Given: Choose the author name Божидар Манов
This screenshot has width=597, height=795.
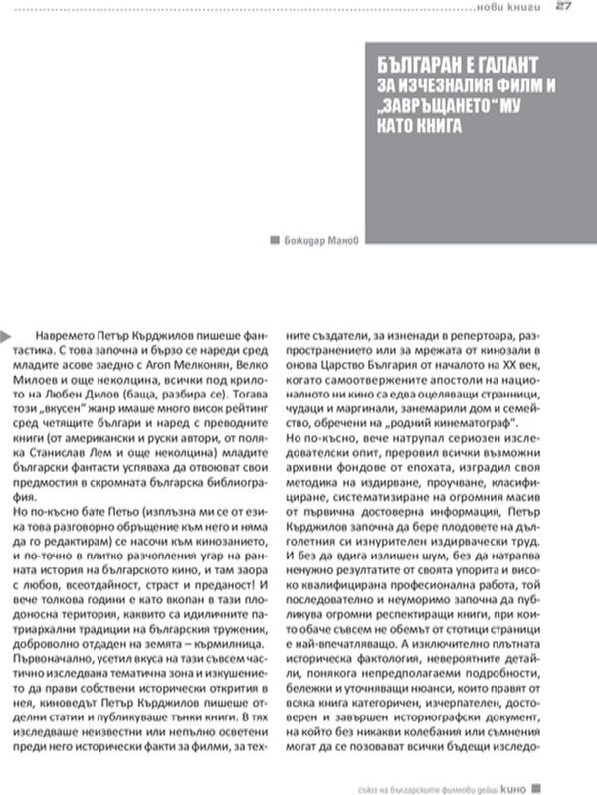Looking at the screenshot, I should [322, 238].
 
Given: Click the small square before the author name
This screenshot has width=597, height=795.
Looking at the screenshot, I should [275, 238].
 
